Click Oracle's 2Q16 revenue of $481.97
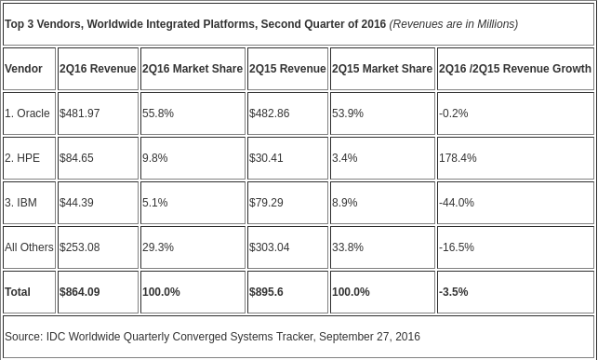pos(80,113)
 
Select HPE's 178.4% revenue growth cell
pos(458,158)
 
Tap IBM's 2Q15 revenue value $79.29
pos(266,203)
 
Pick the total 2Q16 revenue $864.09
pos(80,292)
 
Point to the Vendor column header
pos(23,69)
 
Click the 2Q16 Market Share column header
pos(193,69)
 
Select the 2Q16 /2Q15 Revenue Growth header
pos(515,69)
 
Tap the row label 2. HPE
pos(22,158)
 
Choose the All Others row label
pos(30,247)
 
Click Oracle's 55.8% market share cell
pos(158,113)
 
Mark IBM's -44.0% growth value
pos(457,203)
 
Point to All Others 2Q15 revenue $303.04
pos(270,247)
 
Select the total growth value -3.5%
pos(454,292)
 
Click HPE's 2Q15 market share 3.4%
pos(345,158)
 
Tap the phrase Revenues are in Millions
pos(454,24)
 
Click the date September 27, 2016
pos(369,337)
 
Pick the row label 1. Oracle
pos(28,113)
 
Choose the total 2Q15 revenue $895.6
pos(266,292)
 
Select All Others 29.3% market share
pos(158,247)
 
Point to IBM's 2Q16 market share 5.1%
pos(154,203)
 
